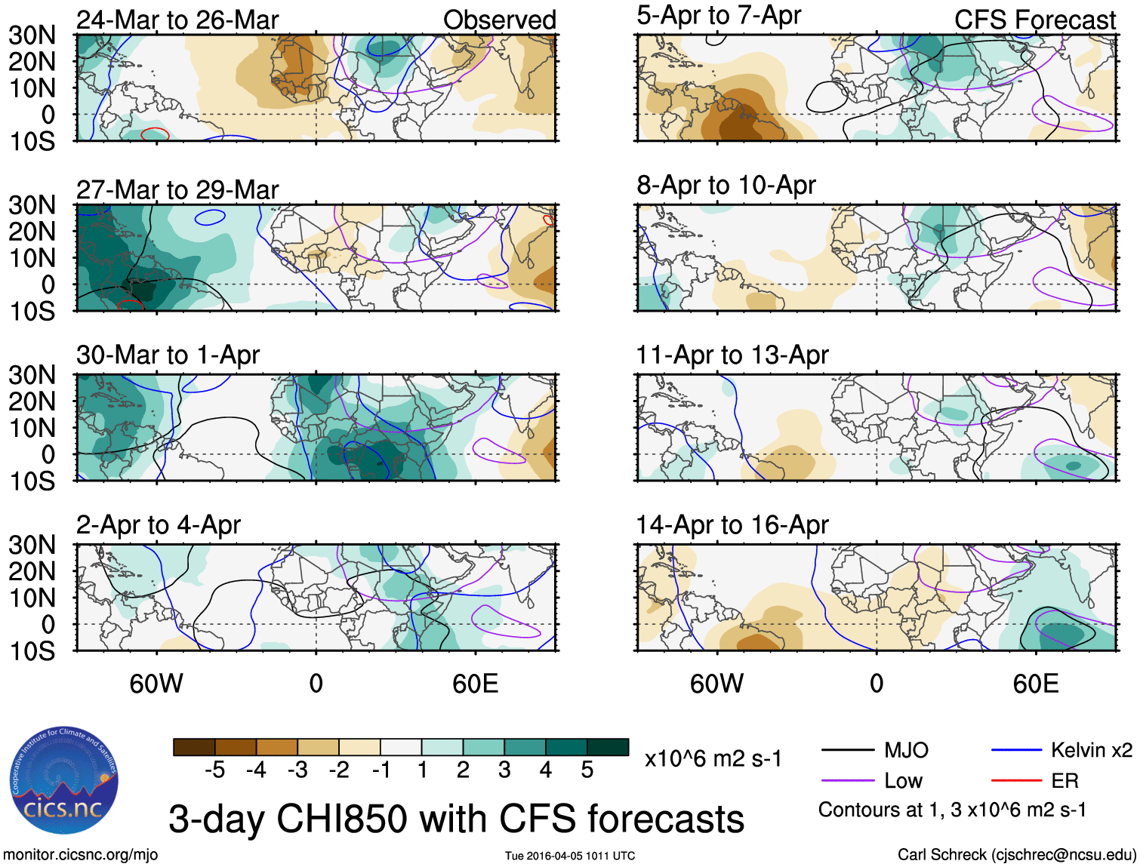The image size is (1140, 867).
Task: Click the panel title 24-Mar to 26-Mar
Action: pos(177,20)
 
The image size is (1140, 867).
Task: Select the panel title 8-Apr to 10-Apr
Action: pos(726,185)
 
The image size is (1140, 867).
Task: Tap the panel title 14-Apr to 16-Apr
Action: pos(732,524)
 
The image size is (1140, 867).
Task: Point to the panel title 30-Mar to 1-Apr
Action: pos(168,355)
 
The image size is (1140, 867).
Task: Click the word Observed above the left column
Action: pos(500,20)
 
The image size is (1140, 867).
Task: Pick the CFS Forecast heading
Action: pos(1035,20)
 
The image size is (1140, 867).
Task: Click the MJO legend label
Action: pos(906,750)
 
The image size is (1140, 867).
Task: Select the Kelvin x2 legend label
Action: pos(1092,750)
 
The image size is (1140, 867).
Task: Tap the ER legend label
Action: pos(1065,780)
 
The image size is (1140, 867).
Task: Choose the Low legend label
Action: pos(904,780)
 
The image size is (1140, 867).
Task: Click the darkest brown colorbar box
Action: pos(194,747)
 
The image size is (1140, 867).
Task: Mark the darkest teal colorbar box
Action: pos(608,747)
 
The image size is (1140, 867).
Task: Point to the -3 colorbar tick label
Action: pos(297,770)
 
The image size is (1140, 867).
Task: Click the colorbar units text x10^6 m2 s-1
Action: pos(713,758)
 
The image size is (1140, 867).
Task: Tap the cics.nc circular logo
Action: pos(64,781)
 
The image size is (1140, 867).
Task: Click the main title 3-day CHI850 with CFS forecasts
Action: pos(456,819)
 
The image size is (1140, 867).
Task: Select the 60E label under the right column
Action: pos(1036,684)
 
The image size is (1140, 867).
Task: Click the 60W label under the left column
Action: pos(156,684)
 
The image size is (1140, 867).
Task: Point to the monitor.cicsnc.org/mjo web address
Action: pos(81,855)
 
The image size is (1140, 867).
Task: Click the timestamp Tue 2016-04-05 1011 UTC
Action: pos(570,856)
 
